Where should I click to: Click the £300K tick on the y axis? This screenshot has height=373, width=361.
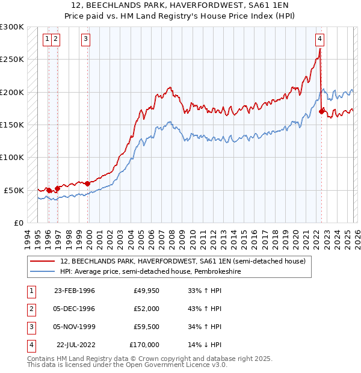12,27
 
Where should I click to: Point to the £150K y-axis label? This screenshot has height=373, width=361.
12,125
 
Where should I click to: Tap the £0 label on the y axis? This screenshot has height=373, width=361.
18,223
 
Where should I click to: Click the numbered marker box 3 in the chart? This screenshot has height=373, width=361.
86,39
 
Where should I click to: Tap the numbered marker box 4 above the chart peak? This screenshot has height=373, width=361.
319,39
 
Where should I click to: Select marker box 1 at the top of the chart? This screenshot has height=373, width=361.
47,39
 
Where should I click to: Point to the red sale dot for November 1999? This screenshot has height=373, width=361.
88,183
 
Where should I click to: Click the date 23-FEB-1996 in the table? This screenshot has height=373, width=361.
75,291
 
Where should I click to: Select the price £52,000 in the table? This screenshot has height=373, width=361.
146,309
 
